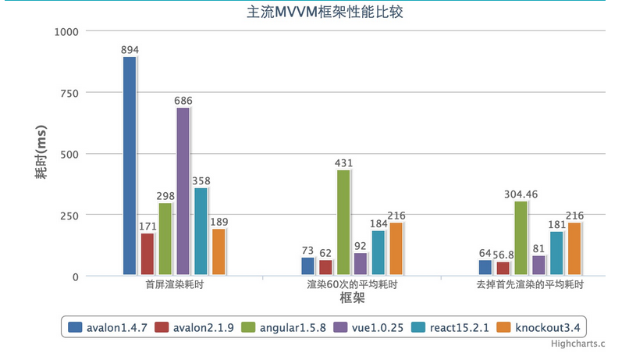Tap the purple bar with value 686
[x=183, y=191]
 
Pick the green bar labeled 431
[x=343, y=223]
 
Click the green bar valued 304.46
[x=521, y=238]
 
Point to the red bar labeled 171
[x=147, y=255]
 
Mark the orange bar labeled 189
[x=219, y=251]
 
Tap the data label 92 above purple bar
[x=361, y=246]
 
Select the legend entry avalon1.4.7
[x=110, y=326]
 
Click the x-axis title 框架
[x=353, y=298]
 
